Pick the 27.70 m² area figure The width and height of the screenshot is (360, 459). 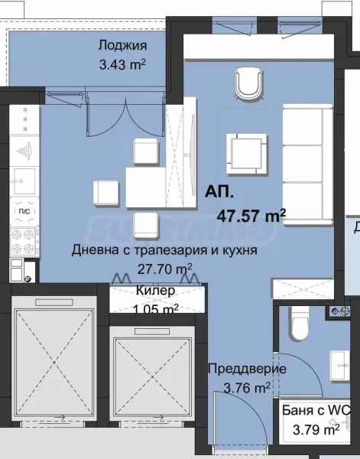(x=164, y=268)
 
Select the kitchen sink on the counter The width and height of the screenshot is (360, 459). (x=21, y=181)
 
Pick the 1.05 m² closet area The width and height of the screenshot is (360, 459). (x=156, y=308)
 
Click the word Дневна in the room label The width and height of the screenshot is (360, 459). (x=95, y=250)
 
